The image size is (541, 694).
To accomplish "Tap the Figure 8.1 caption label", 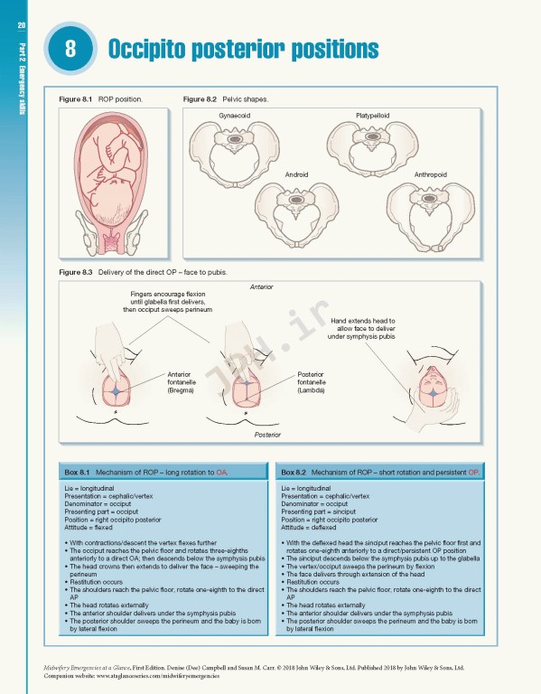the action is click(75, 98).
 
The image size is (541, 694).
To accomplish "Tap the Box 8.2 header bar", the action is click(380, 473).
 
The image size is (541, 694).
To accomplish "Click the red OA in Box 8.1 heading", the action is click(221, 473).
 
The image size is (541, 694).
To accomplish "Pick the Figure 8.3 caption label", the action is click(75, 272).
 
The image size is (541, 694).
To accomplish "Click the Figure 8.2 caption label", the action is click(200, 98).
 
